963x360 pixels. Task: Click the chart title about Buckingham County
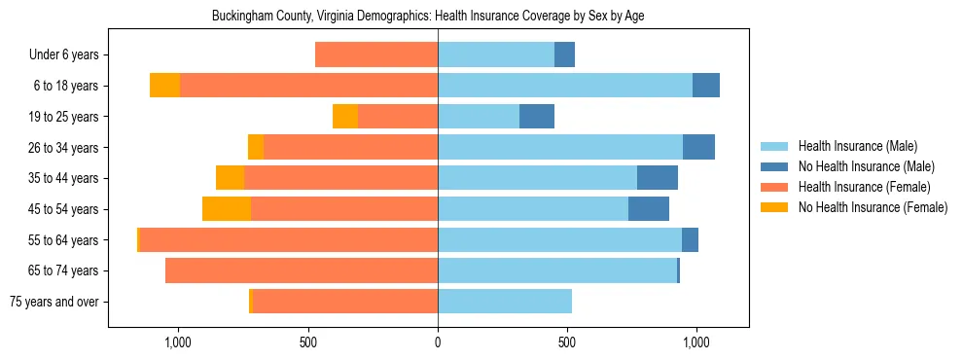[x=428, y=16]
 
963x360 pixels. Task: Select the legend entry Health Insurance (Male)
[x=856, y=146]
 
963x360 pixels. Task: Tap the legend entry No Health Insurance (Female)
[x=873, y=207]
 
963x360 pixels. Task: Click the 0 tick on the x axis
[x=438, y=342]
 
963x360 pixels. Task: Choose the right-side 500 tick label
[x=567, y=342]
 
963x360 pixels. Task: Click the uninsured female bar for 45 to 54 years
[x=227, y=209]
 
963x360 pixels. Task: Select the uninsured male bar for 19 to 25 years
[x=537, y=117]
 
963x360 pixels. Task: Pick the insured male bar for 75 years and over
[x=505, y=302]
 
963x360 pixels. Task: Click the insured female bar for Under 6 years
[x=376, y=55]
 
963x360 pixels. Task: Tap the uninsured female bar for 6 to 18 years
[x=165, y=86]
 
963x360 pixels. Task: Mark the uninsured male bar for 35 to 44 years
[x=658, y=178]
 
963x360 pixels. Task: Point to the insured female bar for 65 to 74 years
[x=302, y=270]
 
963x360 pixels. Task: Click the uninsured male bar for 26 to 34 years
[x=698, y=147]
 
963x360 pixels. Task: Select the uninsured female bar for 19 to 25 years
[x=345, y=117]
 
